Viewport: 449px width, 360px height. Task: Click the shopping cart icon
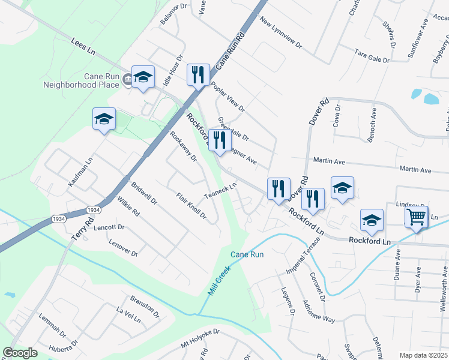coord(417,217)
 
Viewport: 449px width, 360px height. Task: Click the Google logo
coord(20,353)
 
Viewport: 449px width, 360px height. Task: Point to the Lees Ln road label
coord(83,48)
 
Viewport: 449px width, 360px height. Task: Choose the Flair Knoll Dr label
coord(191,206)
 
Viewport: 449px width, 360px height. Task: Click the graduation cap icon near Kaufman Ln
coord(104,118)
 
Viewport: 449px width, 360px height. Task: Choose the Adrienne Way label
coord(319,310)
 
